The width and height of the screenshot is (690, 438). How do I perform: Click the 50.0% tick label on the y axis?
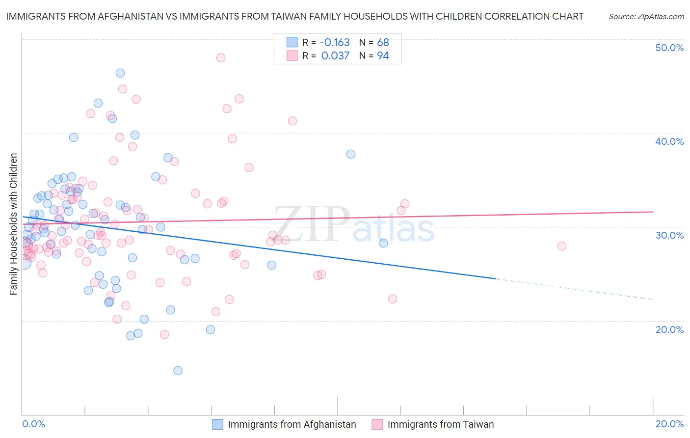669,48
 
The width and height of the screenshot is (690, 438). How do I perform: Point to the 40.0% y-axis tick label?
669,141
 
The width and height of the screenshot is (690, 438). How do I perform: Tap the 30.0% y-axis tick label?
669,235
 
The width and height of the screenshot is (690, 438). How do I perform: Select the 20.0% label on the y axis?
669,329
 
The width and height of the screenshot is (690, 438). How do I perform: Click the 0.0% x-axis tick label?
33,424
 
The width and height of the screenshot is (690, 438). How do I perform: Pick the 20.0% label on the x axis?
669,424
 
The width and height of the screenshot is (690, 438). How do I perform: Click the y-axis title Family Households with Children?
13,224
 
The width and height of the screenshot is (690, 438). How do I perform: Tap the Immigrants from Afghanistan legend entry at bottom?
292,424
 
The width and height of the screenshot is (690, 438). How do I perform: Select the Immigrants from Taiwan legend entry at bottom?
440,424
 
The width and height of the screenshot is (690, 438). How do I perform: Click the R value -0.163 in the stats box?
335,43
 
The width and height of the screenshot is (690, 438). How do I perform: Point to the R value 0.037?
335,56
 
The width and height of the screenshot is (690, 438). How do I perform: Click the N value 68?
383,43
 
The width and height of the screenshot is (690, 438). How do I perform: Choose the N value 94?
383,56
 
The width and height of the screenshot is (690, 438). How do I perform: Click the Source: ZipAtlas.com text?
646,17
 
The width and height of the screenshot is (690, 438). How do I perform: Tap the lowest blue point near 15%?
178,371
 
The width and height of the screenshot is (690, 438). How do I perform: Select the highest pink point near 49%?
221,57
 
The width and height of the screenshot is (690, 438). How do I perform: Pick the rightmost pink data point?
562,246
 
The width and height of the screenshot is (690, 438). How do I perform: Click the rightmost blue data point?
383,243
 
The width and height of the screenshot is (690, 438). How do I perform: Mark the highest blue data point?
120,73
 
